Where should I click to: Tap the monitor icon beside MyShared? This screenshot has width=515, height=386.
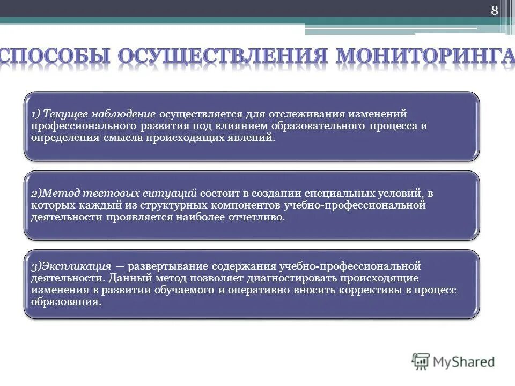(x=421, y=361)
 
